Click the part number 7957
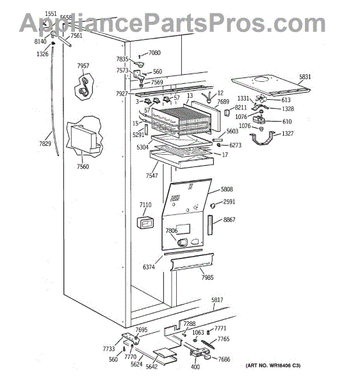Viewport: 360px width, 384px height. [x=83, y=66]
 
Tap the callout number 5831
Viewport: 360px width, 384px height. [x=305, y=77]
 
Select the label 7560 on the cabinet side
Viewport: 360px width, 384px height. [x=83, y=167]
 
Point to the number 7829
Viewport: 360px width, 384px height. [x=45, y=143]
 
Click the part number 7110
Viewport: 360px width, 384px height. [x=145, y=205]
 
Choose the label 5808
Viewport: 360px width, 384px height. [x=227, y=189]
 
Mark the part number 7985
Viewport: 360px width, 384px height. [x=207, y=277]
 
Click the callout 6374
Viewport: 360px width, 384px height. [x=149, y=266]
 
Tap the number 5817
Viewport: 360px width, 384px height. [x=218, y=300]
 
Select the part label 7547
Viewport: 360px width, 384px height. [x=152, y=175]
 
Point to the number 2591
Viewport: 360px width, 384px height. [x=229, y=202]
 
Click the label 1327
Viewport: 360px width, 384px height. [x=288, y=134]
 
